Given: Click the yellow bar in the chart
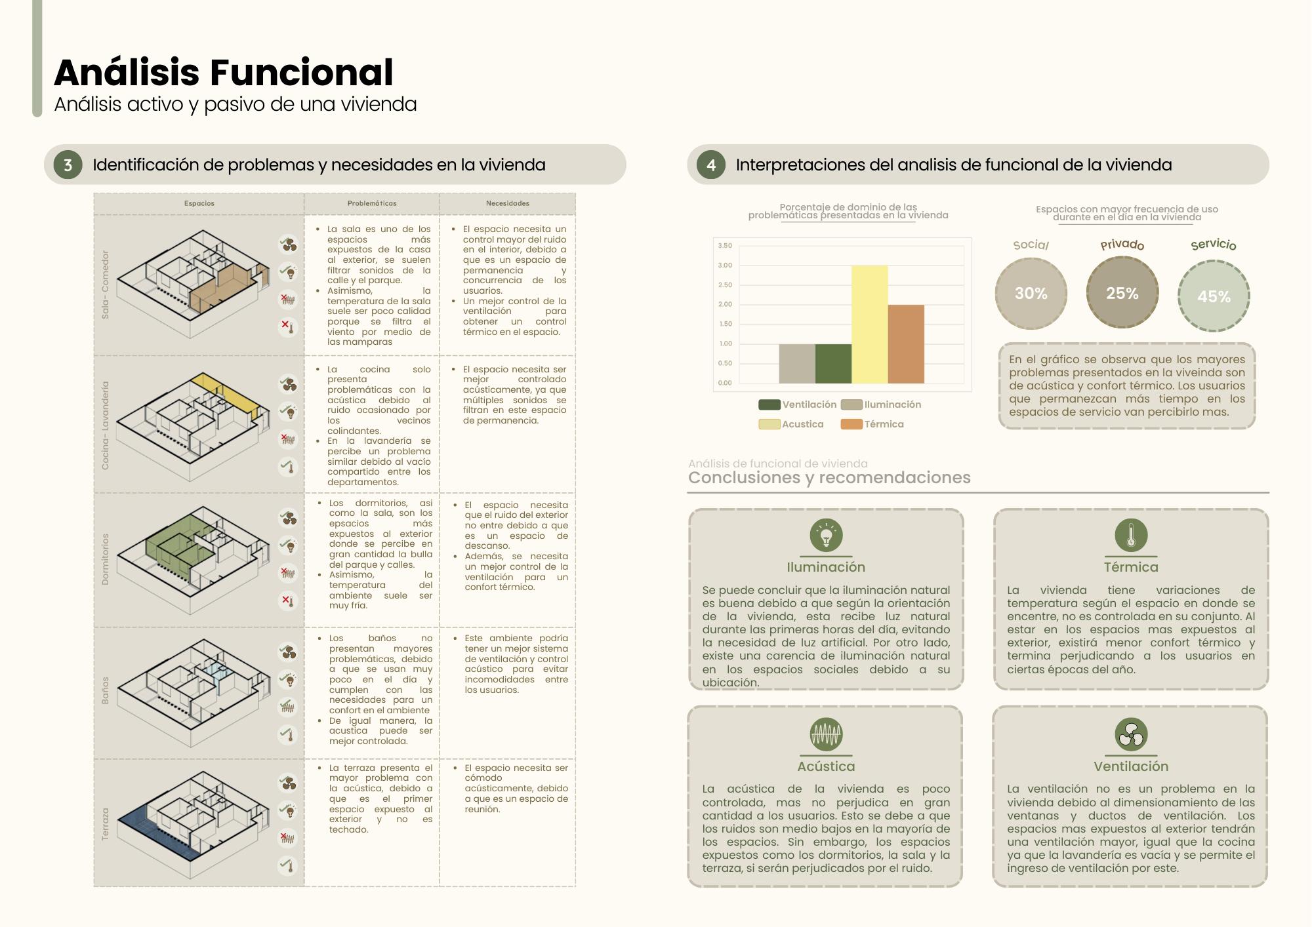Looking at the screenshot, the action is (x=869, y=325).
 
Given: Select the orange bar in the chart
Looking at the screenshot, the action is (x=906, y=344).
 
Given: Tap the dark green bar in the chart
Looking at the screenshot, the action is (x=833, y=364).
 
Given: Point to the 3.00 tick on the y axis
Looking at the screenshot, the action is (x=725, y=266).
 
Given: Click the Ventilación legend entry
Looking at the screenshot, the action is (x=798, y=404).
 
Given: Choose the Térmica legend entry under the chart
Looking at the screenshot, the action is (x=872, y=424).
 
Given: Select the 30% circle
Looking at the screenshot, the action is (x=1031, y=294).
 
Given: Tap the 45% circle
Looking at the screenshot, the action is (x=1214, y=296).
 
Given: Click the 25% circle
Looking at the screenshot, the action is (x=1122, y=293).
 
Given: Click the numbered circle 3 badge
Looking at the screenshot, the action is (x=68, y=165).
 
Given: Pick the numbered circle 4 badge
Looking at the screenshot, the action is (x=711, y=165).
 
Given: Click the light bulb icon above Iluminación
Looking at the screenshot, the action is (x=826, y=535).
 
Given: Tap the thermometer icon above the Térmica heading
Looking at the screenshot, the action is (x=1131, y=535).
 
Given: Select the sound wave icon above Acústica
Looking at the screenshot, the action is (x=826, y=734).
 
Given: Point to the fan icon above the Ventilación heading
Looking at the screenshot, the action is (x=1131, y=734).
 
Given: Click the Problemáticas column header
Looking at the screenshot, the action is (x=372, y=203).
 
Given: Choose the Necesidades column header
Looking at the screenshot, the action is (x=508, y=203).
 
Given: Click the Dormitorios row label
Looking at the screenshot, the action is (x=105, y=559).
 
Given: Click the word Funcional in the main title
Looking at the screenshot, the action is (x=302, y=72).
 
